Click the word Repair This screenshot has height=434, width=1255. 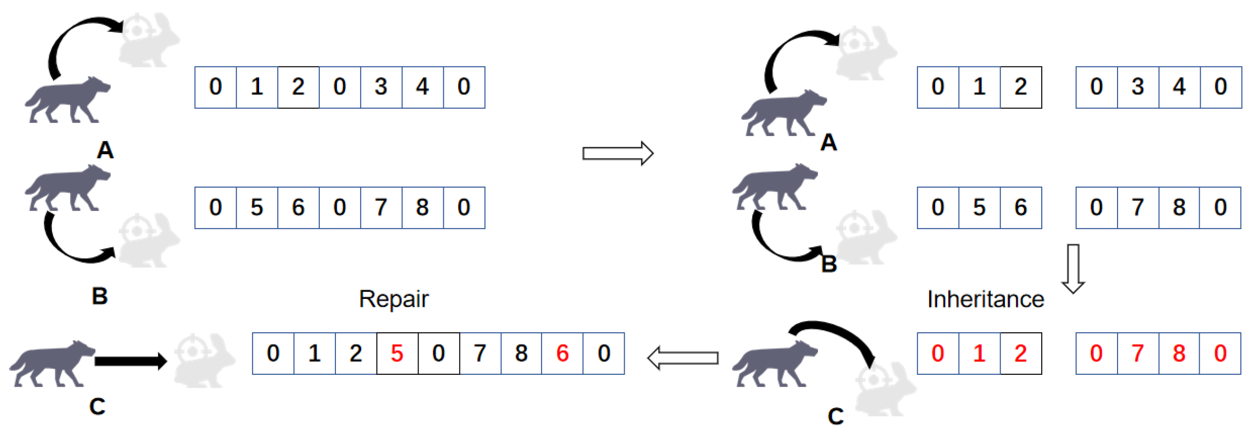[x=394, y=299]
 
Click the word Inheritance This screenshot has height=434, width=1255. [x=985, y=299]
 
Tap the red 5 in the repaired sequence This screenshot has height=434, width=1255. [x=397, y=353]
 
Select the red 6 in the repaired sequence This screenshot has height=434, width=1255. [x=562, y=353]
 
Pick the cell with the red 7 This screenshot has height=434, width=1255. [x=1138, y=353]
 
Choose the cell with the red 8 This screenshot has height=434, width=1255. [x=1179, y=353]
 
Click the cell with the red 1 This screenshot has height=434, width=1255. [x=979, y=353]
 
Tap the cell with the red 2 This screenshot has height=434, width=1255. [x=1021, y=353]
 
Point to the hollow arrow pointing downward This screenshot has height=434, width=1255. [x=1073, y=268]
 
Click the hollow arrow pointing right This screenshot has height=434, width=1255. [x=618, y=154]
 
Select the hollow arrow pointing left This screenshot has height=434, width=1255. [x=683, y=358]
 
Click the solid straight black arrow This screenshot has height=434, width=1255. [x=131, y=361]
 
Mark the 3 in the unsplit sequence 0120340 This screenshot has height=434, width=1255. [x=381, y=87]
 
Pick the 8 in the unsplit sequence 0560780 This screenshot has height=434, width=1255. [x=422, y=208]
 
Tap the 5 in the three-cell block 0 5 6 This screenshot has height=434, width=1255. [x=979, y=208]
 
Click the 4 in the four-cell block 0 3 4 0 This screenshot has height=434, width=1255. [x=1179, y=87]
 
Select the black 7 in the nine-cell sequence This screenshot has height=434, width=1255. [x=480, y=353]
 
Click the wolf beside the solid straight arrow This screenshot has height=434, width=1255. [x=51, y=363]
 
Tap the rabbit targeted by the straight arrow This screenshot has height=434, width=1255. [x=205, y=361]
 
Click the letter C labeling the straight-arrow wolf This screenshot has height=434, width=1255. [x=97, y=406]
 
